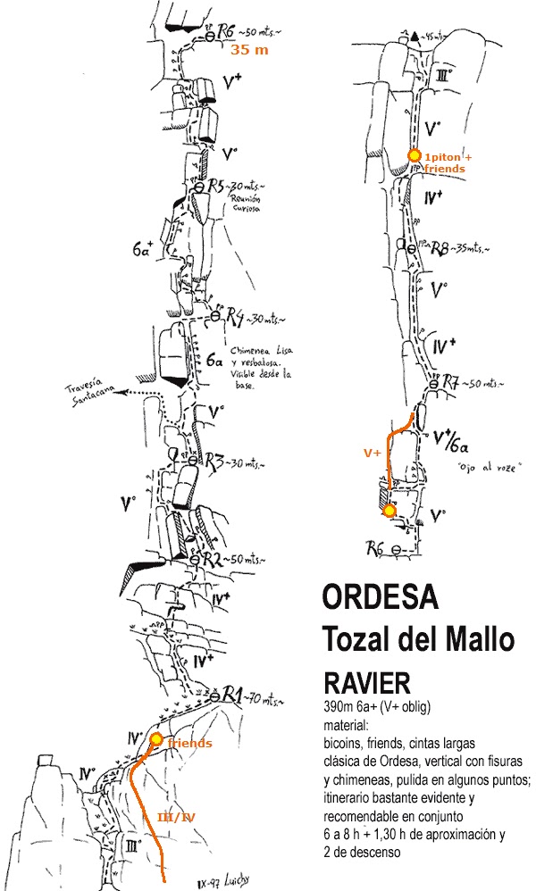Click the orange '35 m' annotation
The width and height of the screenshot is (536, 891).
click(249, 51)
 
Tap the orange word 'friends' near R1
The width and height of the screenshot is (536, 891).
click(188, 744)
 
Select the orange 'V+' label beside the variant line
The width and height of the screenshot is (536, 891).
click(372, 454)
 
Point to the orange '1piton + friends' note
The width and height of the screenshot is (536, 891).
click(450, 162)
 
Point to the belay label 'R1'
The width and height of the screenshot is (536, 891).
click(233, 694)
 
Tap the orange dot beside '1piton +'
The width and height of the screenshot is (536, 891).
click(414, 155)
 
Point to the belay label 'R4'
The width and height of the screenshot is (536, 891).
click(235, 316)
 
